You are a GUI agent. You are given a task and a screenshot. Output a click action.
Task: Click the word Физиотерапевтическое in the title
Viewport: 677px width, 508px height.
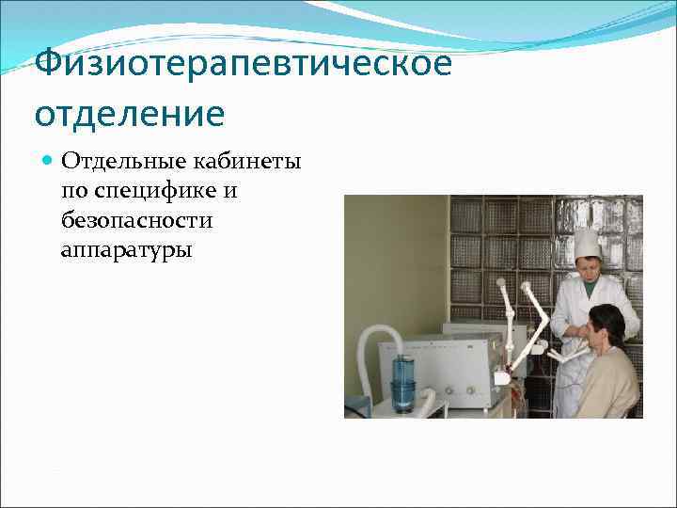(x=243, y=66)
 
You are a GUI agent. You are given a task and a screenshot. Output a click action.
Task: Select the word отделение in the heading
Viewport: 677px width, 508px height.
(x=130, y=114)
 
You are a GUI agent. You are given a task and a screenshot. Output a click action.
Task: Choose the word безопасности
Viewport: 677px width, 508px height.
(x=136, y=221)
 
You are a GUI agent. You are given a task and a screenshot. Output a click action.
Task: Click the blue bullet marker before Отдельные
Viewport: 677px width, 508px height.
(x=49, y=161)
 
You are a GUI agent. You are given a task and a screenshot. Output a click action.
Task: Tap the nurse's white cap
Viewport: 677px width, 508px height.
(x=587, y=243)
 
